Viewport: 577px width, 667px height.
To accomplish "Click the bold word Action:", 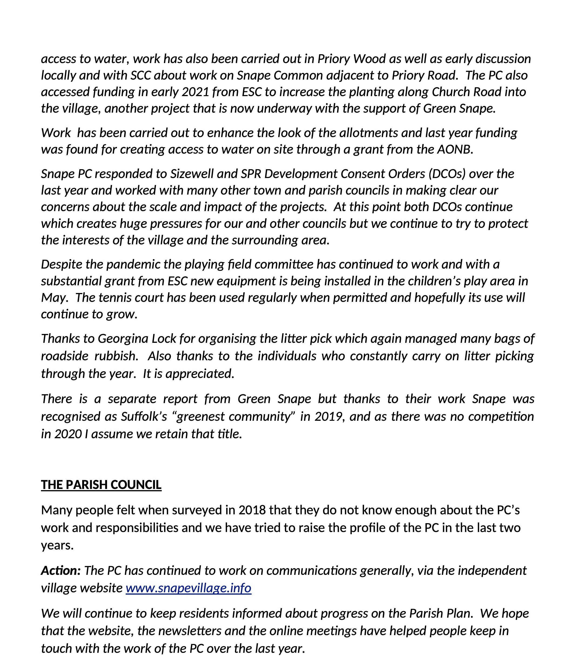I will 61,570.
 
